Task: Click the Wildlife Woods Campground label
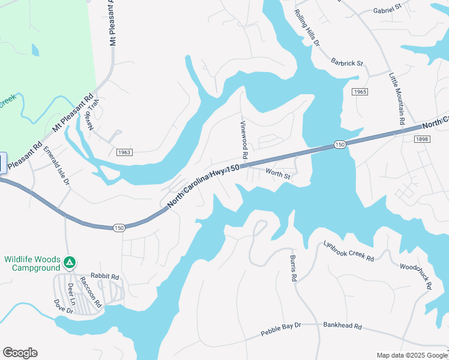32,263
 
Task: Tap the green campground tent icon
70,262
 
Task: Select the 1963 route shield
124,152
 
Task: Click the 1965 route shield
359,92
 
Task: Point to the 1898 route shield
422,139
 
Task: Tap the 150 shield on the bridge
340,145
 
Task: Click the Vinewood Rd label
244,139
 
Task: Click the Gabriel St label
387,10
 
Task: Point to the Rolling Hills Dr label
308,28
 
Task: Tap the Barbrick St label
348,62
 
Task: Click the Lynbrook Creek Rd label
349,251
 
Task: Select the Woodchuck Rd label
415,275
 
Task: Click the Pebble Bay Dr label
280,329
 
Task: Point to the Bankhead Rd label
342,326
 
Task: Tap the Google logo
20,353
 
